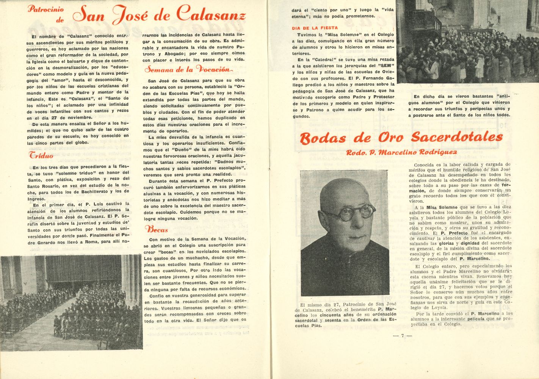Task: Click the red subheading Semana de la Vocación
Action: [x=187, y=69]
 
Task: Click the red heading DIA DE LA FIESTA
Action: [x=315, y=28]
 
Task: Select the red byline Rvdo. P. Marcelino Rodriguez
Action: [x=401, y=152]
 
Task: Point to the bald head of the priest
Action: [x=343, y=189]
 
